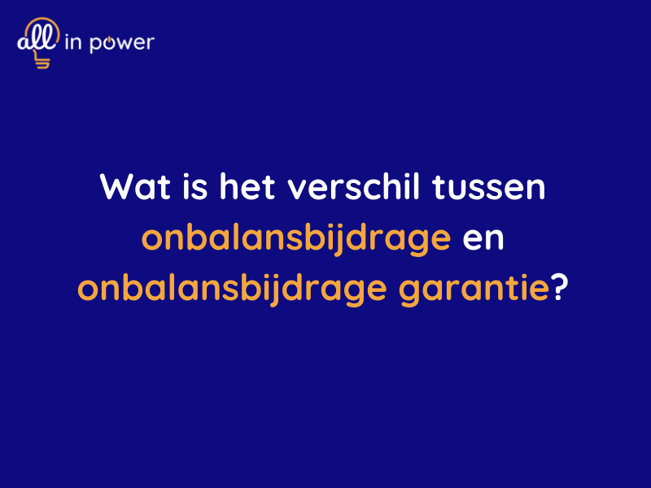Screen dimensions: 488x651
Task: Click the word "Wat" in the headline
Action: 129,187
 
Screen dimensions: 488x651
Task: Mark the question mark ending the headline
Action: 559,289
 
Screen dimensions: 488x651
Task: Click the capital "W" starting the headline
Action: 116,187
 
